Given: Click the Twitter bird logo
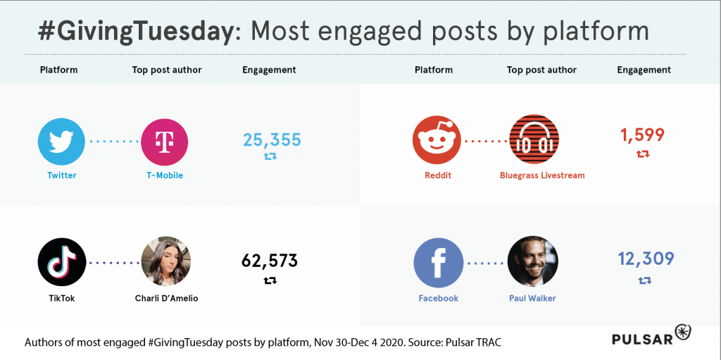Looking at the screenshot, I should [x=62, y=142].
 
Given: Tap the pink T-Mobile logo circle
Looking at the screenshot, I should [x=165, y=142].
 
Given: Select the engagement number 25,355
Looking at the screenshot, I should [x=271, y=140].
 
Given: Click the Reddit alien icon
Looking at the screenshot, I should [x=437, y=140].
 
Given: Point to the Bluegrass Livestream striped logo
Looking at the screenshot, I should [x=533, y=140].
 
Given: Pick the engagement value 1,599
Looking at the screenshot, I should [x=642, y=135].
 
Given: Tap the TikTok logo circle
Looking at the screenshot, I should [x=62, y=262].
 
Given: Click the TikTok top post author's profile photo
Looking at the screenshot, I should [x=165, y=261].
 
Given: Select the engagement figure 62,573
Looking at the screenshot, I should [x=270, y=261].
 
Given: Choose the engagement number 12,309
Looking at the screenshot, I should [x=646, y=259].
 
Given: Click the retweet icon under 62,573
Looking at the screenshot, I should [x=270, y=280].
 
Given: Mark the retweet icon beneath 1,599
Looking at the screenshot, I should [x=642, y=154].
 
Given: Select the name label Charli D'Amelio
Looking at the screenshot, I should [x=166, y=298].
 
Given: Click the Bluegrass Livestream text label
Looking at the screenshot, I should [x=542, y=175].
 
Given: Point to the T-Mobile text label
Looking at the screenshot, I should [x=159, y=175].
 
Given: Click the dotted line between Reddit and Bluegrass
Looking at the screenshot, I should [x=484, y=142].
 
